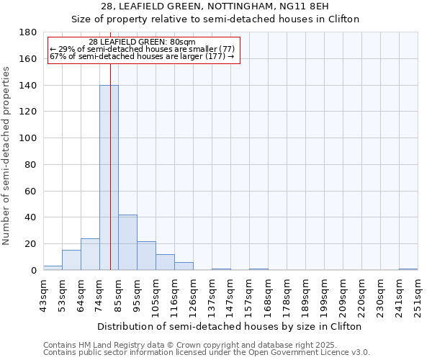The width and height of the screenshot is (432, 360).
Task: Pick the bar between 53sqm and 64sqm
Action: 71,260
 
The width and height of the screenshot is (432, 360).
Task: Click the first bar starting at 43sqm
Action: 53,268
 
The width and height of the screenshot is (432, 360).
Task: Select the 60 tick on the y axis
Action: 31,191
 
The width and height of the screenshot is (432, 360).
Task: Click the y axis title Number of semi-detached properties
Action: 7,156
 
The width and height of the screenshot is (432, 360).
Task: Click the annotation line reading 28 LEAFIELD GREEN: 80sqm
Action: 142,42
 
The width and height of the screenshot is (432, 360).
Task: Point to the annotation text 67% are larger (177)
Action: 142,56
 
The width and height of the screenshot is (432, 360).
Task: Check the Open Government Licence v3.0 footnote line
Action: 206,352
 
